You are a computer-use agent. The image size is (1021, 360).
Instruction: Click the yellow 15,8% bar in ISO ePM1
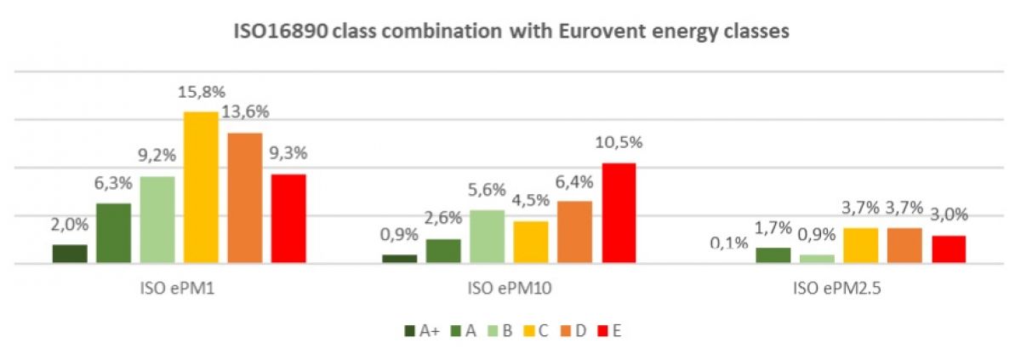click(x=201, y=188)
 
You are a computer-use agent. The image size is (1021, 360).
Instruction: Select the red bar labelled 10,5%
click(x=619, y=214)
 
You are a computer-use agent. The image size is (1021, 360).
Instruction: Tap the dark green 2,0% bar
click(x=70, y=254)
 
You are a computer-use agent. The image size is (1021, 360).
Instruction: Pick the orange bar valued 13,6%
click(x=245, y=198)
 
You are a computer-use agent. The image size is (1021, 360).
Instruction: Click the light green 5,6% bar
click(x=487, y=237)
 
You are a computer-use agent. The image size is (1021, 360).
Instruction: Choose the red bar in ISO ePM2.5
click(x=949, y=249)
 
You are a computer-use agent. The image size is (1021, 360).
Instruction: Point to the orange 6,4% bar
click(x=574, y=232)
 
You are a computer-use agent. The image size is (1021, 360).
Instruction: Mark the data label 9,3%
click(x=288, y=155)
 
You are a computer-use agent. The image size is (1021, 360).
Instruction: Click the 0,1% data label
click(x=729, y=243)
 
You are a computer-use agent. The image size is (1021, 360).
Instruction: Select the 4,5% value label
click(x=531, y=202)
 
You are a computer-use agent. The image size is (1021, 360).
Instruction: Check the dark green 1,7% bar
click(x=773, y=255)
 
